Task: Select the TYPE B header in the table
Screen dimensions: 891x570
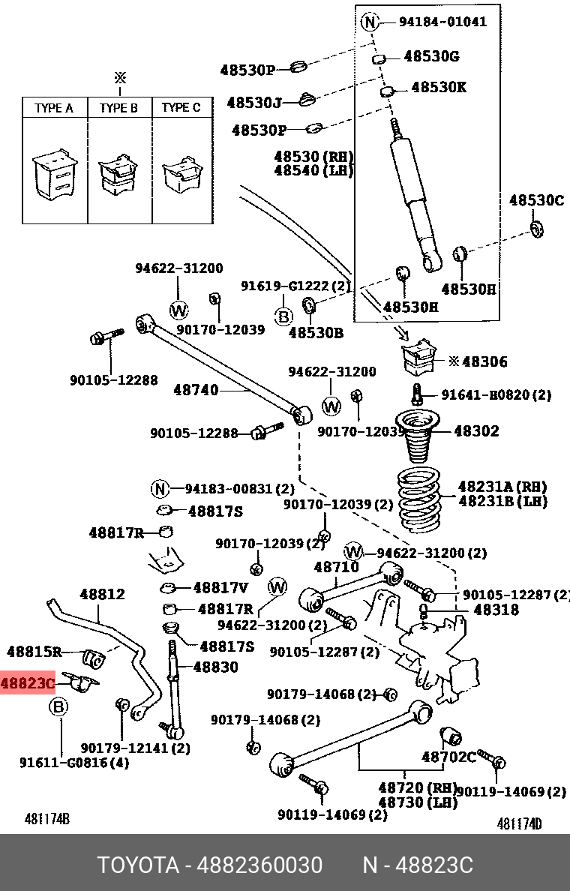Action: pos(118,108)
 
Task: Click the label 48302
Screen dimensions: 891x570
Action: pos(476,431)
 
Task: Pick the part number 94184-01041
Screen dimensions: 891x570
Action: pos(442,22)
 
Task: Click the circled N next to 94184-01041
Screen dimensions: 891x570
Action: pos(369,22)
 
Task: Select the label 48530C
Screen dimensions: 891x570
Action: pos(535,200)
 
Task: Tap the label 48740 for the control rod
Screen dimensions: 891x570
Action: pos(196,390)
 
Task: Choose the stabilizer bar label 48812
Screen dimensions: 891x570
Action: pos(102,594)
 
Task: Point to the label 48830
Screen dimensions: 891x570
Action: pos(215,667)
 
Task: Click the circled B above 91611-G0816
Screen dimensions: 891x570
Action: pos(58,707)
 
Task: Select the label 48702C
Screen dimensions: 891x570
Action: pos(448,757)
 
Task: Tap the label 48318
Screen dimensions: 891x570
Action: pos(496,610)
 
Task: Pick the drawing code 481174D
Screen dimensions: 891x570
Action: pos(519,823)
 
